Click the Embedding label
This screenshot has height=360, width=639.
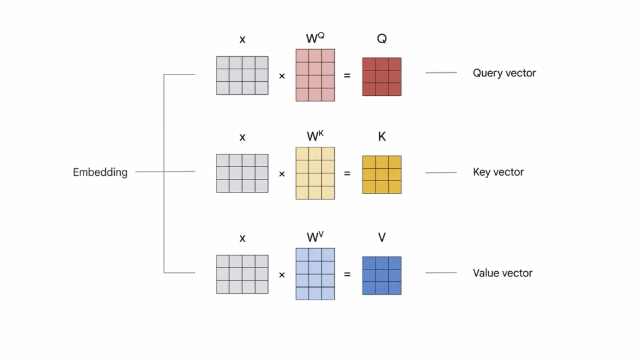(100, 172)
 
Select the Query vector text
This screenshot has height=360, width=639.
(504, 73)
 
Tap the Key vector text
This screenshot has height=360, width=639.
(498, 172)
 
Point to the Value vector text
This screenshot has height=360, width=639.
(502, 273)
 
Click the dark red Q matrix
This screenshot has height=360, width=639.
(382, 76)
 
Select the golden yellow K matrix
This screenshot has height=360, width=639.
(382, 175)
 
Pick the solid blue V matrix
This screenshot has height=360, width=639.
(382, 275)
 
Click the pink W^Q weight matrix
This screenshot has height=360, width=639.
(315, 75)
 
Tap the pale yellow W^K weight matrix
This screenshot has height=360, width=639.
(315, 173)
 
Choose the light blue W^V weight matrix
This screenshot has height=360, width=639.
(315, 274)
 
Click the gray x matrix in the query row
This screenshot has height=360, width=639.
(242, 75)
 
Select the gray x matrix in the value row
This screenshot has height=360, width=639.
(242, 274)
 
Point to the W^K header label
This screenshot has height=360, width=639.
(315, 136)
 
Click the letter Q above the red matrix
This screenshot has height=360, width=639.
(382, 39)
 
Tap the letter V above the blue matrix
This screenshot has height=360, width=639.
(382, 237)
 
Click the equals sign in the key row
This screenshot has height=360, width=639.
(347, 173)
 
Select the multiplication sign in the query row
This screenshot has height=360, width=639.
(282, 76)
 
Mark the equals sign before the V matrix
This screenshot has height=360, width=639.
(347, 275)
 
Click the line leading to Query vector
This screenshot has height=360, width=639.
(441, 73)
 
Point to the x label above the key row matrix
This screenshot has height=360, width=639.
(242, 137)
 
